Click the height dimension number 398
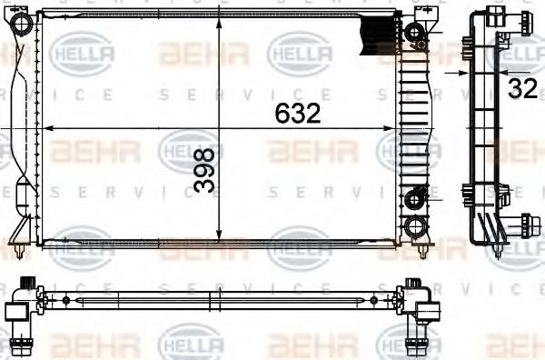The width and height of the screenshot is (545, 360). click(206, 170)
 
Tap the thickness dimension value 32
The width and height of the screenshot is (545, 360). click(521, 88)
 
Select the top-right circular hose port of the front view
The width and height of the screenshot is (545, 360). click(415, 34)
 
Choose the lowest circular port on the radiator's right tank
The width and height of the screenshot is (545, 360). click(415, 225)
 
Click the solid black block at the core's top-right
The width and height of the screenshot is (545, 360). click(379, 35)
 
